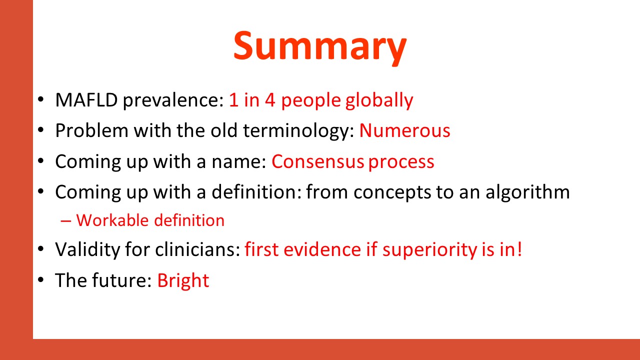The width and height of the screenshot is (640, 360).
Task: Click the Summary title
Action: (320, 47)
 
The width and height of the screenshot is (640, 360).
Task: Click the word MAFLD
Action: (86, 100)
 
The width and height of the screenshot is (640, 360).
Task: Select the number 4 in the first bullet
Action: (270, 100)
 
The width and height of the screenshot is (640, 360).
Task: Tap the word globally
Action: (379, 101)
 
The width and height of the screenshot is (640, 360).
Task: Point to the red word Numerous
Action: (404, 131)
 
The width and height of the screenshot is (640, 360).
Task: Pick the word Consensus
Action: (317, 161)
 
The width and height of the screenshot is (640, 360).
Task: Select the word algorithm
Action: (527, 192)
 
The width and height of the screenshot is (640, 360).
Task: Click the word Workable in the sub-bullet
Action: (112, 220)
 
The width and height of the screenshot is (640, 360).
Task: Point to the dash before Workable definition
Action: (65, 221)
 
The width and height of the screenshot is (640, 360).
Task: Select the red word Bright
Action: (183, 281)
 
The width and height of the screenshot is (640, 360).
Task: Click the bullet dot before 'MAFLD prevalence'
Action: (41, 99)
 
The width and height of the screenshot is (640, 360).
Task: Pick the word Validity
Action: (87, 250)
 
